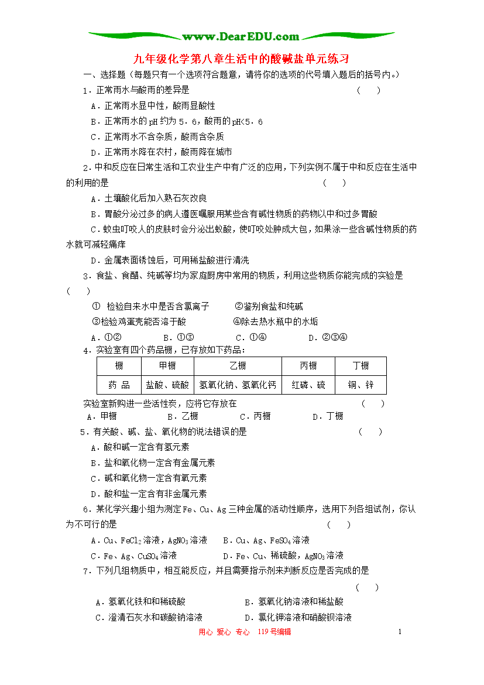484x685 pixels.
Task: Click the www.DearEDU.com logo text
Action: tap(241, 36)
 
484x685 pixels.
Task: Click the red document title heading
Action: tap(241, 59)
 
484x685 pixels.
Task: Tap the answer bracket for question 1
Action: tap(369, 90)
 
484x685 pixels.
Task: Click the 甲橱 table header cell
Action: tap(167, 366)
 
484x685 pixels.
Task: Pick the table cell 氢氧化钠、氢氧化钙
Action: tap(238, 385)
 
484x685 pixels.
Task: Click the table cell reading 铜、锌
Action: tap(361, 385)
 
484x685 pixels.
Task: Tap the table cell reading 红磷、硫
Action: tap(308, 385)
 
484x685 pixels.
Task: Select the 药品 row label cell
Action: tap(119, 385)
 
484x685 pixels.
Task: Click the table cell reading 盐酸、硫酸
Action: tap(167, 385)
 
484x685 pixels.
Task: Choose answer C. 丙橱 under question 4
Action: tap(255, 416)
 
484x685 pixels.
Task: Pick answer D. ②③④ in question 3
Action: tap(328, 337)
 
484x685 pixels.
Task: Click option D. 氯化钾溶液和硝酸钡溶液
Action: tap(298, 617)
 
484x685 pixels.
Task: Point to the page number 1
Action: tap(400, 632)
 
